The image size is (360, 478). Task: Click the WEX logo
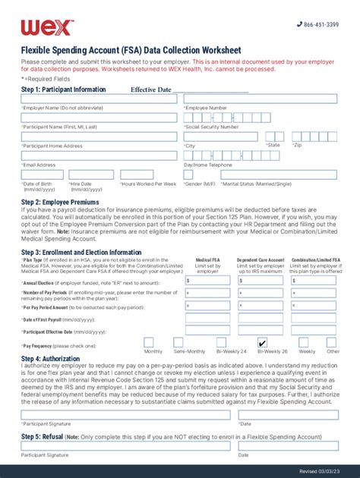tap(47, 27)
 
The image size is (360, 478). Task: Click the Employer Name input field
tap(99, 99)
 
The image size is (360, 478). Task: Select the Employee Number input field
tap(261, 99)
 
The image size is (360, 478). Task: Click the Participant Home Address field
tap(99, 137)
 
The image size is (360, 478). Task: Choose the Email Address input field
tap(99, 156)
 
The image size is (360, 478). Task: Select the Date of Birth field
tap(42, 175)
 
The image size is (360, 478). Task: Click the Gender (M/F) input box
tap(198, 175)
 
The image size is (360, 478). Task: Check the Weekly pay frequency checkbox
tap(305, 342)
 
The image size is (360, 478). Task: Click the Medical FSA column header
tap(208, 259)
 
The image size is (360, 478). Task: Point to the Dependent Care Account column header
tap(261, 259)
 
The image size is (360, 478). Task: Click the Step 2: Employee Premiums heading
tap(60, 203)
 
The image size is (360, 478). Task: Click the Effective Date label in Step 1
tap(150, 90)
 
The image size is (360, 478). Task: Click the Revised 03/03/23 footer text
tap(323, 470)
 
